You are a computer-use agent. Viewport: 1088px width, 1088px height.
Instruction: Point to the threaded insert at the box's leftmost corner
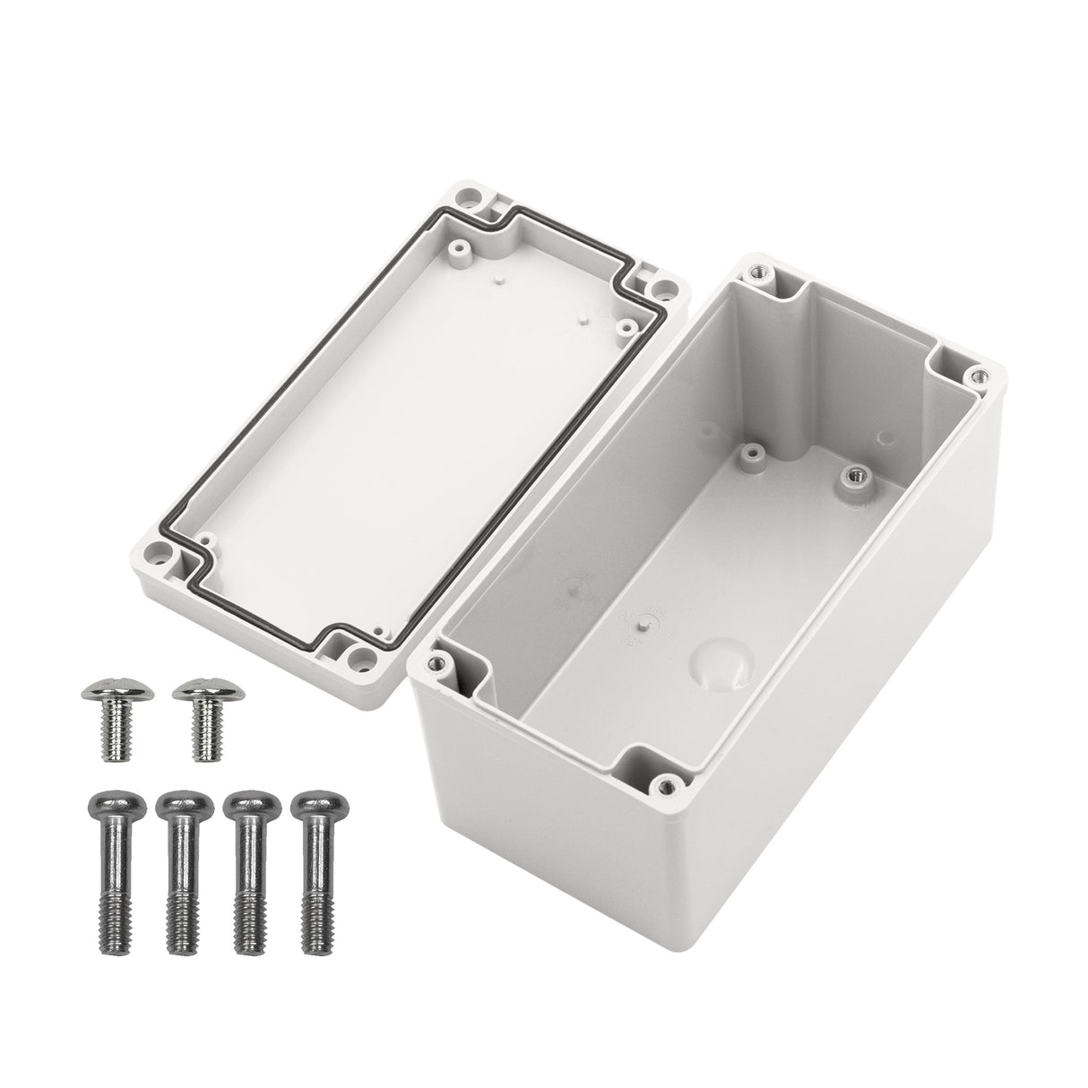tap(436, 663)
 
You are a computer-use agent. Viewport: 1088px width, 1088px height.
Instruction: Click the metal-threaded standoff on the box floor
tap(853, 473)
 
